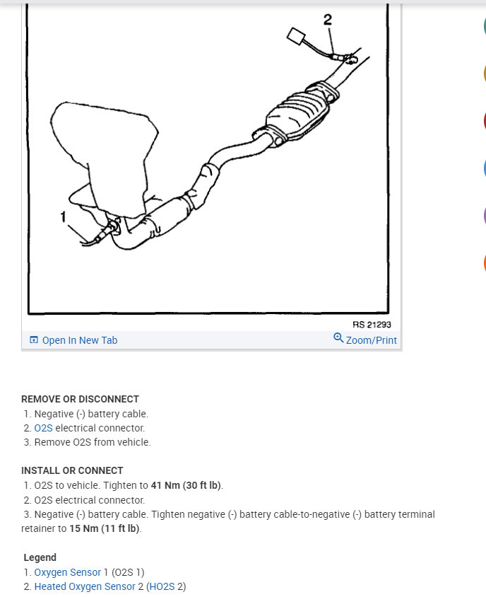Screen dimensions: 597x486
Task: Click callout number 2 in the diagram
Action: pos(328,20)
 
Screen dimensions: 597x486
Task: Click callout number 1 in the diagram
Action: pos(63,217)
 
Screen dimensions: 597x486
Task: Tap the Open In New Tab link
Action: pos(79,340)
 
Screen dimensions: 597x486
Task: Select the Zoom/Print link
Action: pos(371,340)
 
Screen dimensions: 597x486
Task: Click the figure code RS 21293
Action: pos(372,325)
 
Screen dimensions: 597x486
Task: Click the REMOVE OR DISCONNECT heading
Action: pos(80,399)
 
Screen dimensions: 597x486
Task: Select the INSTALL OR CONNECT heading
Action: pos(72,470)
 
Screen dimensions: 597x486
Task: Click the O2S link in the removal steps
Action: pos(43,428)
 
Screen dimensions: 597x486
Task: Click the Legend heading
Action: pos(40,557)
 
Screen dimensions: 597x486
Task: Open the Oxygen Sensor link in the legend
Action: pos(68,572)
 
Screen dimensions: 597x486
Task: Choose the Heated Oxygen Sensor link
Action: pos(85,586)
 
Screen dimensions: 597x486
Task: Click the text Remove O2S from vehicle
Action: pos(93,442)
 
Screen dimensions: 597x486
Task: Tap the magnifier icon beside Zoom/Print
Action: pos(338,338)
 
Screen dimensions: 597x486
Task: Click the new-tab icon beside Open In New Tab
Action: pos(34,340)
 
